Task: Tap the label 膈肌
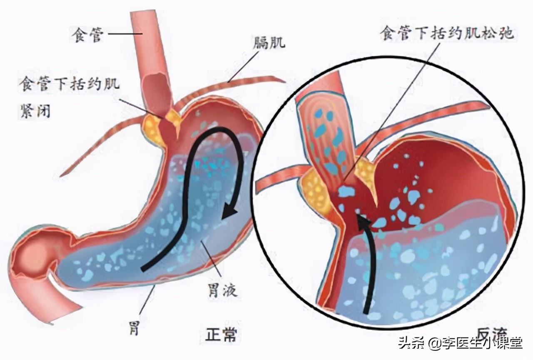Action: tap(269, 42)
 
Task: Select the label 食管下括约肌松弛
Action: tap(447, 34)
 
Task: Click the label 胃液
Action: tap(222, 290)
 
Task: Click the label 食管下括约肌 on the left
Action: tap(69, 85)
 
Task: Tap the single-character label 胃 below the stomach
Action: tap(134, 329)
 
